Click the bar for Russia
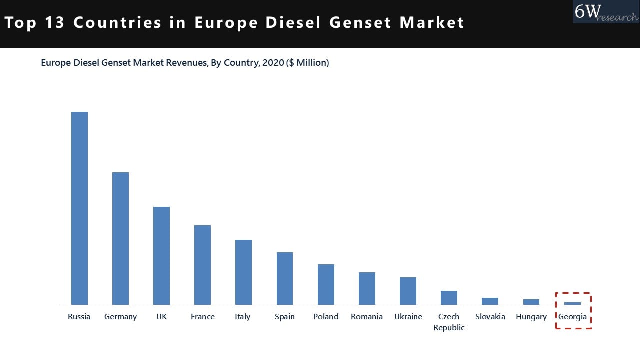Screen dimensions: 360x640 click(79, 208)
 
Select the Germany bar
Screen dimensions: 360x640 click(120, 238)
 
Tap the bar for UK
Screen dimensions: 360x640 click(161, 256)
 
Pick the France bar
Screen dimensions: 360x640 click(202, 265)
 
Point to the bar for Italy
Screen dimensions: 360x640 click(243, 272)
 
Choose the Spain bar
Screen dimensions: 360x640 click(285, 278)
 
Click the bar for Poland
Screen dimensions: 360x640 click(326, 284)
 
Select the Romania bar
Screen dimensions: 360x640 click(367, 288)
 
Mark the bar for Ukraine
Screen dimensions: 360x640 click(408, 291)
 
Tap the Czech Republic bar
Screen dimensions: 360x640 click(449, 298)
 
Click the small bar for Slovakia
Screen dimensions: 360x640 click(490, 301)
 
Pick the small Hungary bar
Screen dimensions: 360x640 click(531, 302)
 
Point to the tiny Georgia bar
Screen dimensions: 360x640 click(572, 303)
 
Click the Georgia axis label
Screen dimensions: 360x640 click(572, 317)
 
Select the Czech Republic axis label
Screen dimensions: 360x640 click(449, 322)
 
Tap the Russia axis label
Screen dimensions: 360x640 click(79, 317)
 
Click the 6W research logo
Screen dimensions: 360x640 click(605, 12)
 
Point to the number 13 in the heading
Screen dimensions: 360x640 click(54, 23)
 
